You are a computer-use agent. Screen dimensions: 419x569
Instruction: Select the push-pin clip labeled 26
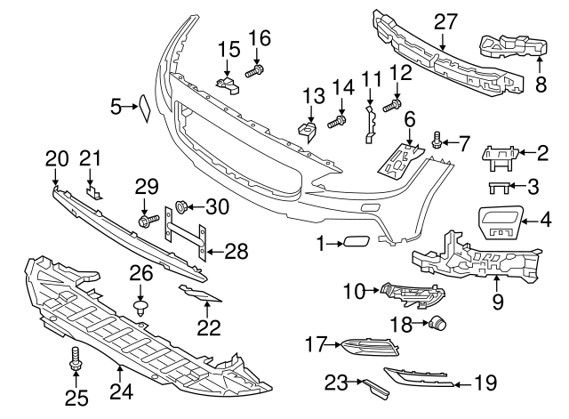click(x=140, y=308)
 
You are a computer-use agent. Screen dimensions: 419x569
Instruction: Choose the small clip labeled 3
click(x=501, y=186)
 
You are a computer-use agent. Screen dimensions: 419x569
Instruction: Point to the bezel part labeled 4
click(x=503, y=221)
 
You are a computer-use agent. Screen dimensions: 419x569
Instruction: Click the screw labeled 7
click(x=437, y=139)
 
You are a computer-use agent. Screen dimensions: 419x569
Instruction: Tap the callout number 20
click(x=56, y=157)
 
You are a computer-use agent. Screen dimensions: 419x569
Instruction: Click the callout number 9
click(x=497, y=302)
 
